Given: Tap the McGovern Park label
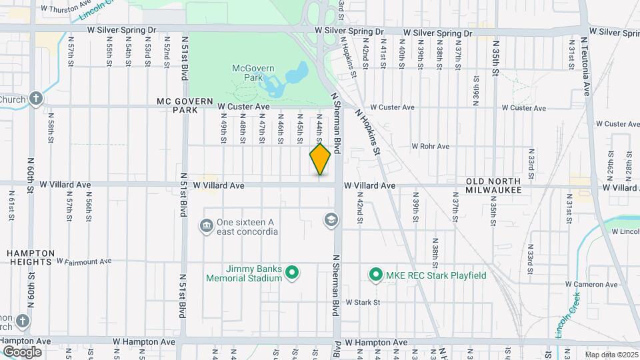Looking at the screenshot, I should (249, 73).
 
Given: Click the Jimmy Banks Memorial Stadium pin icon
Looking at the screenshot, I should (291, 273).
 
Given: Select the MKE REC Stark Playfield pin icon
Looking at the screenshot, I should (375, 275).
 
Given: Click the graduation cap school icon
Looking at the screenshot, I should (330, 220).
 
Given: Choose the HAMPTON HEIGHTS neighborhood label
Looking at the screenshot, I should (31, 257).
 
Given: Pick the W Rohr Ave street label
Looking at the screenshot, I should (430, 146).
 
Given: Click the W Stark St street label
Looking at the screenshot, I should (362, 302).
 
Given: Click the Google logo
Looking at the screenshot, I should (22, 351).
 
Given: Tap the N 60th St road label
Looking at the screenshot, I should (31, 175).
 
